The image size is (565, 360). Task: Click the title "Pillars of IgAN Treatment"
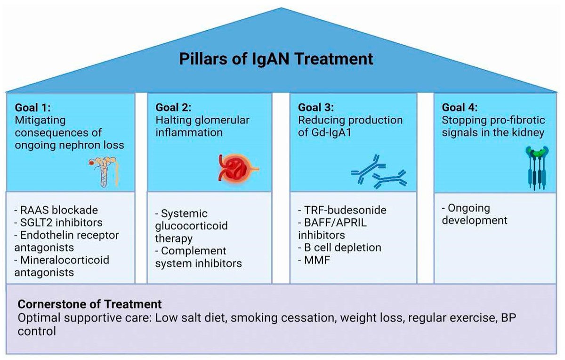coord(277,59)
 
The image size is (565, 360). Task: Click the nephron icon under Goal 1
coord(103,172)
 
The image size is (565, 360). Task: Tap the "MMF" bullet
coord(314,260)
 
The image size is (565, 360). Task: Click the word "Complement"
coord(194,251)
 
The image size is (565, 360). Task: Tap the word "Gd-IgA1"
coord(336,132)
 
